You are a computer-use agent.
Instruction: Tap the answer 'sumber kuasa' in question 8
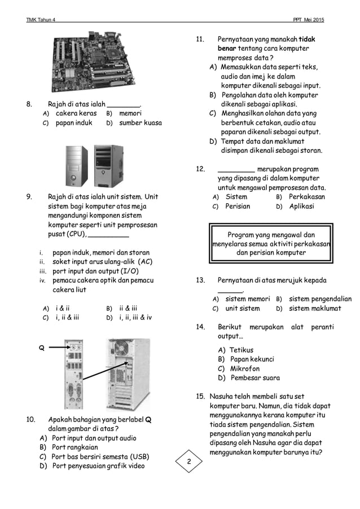[140, 122]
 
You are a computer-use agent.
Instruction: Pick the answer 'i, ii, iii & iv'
[135, 317]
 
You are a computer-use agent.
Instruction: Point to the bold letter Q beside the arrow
[41, 348]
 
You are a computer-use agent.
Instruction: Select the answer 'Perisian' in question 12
[238, 206]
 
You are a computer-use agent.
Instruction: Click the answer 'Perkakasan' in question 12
[306, 197]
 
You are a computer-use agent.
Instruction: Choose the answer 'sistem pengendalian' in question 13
[320, 299]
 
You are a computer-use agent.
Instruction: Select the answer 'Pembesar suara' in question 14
[254, 378]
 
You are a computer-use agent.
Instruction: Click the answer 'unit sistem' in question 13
[243, 309]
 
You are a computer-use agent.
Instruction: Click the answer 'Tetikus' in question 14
[241, 350]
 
